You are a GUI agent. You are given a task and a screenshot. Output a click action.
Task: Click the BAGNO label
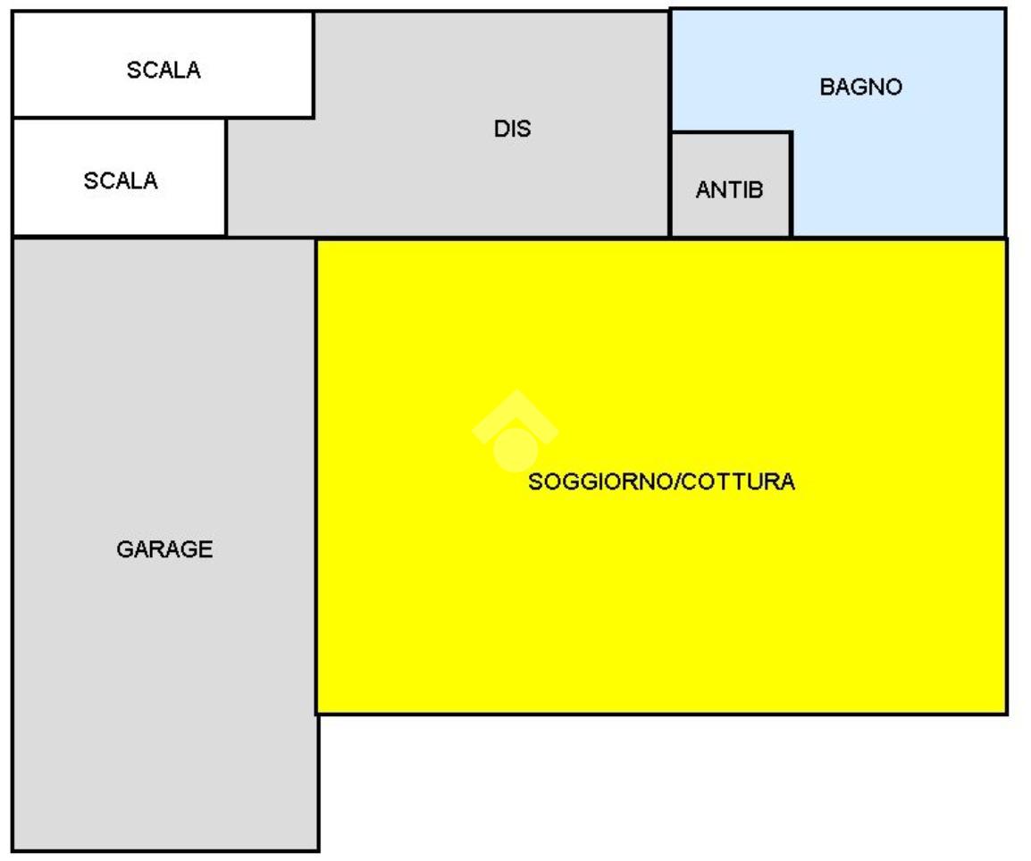click(860, 88)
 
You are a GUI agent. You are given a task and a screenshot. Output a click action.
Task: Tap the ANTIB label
click(729, 190)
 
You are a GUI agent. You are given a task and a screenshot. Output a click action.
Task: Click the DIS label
click(512, 129)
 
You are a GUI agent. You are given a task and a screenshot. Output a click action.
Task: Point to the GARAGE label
click(164, 549)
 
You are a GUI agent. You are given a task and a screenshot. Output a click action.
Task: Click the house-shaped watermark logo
click(515, 432)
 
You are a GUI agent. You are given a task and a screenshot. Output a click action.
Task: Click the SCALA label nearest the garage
click(120, 180)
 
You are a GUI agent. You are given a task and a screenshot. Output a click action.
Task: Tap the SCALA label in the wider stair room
click(163, 71)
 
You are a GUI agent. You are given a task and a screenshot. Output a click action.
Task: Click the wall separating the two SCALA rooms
click(116, 117)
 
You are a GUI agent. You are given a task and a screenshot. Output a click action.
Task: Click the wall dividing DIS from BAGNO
click(670, 71)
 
